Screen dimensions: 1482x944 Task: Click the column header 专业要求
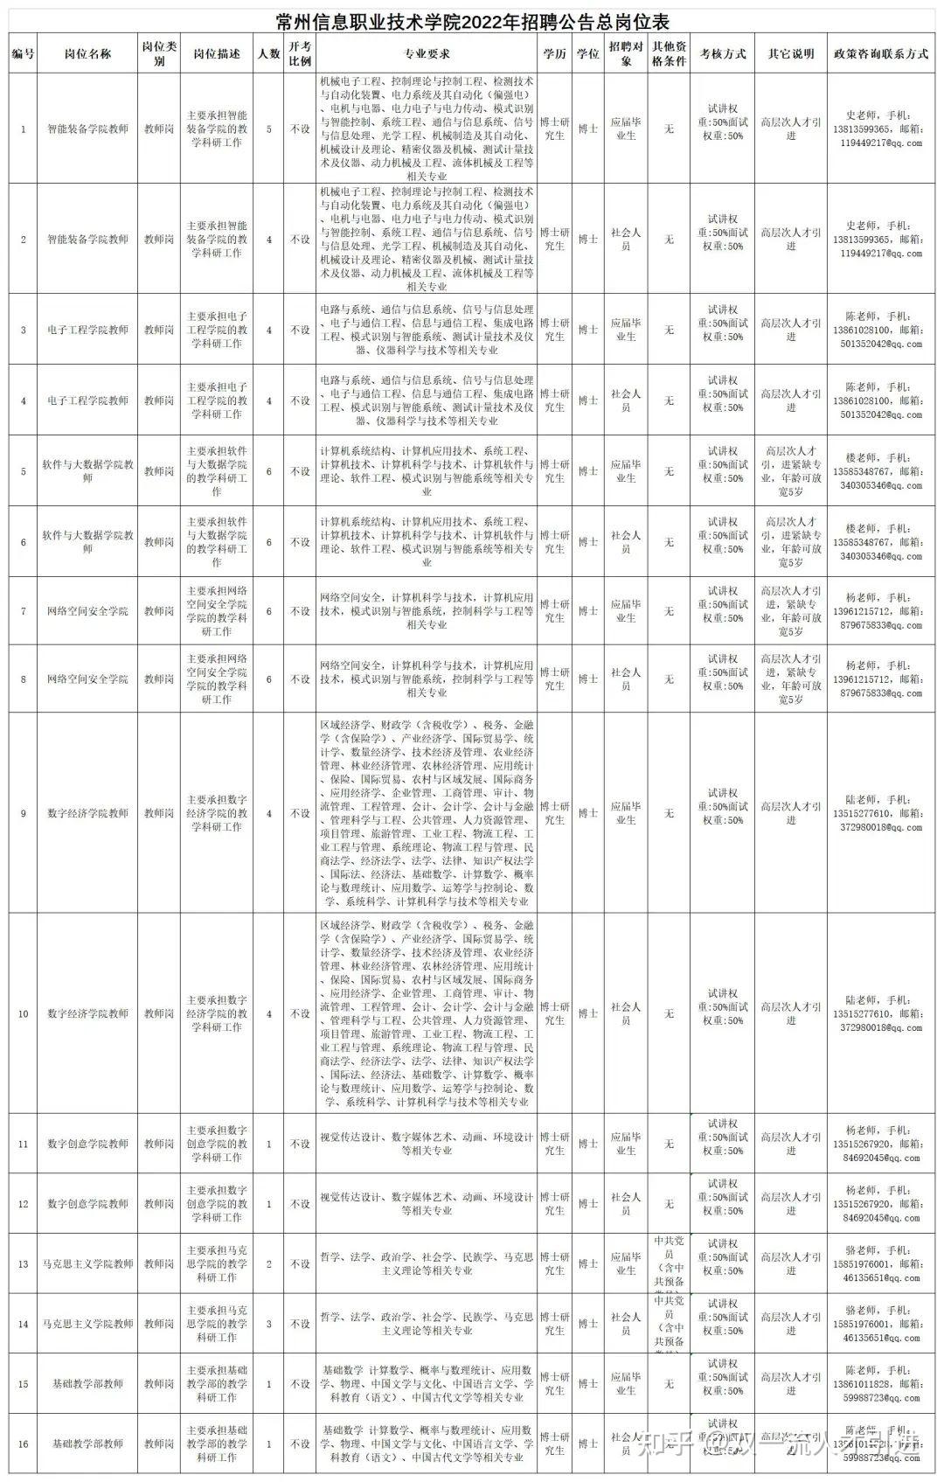point(427,53)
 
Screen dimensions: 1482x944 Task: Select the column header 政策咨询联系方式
point(880,53)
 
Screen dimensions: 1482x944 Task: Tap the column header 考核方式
point(723,53)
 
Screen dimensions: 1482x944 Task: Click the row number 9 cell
point(24,813)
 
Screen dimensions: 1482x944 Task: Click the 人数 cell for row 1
point(268,129)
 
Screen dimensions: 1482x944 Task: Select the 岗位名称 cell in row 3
point(87,330)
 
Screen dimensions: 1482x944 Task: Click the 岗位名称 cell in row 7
point(87,611)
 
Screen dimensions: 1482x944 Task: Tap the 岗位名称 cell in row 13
point(87,1263)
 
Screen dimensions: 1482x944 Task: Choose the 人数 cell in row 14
point(268,1324)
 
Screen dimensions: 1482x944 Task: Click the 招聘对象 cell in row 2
point(626,239)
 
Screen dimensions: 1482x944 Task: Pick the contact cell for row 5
point(880,471)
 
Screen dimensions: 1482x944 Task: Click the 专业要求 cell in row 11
point(427,1144)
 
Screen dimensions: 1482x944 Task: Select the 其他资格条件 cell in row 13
point(669,1263)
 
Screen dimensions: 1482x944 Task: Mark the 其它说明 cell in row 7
point(791,611)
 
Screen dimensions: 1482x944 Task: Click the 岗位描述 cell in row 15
point(217,1383)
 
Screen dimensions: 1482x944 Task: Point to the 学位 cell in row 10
point(587,1013)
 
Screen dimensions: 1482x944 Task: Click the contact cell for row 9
point(880,813)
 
